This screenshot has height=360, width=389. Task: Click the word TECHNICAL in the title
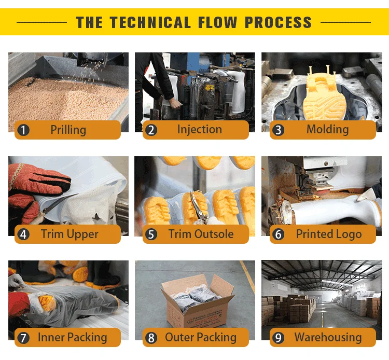coord(150,22)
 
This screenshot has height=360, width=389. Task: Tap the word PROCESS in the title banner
coord(278,22)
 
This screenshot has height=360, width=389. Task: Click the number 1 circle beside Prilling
coord(23,130)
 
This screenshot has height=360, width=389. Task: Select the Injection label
coord(200,130)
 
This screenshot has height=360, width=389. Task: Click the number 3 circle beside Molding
coord(279,130)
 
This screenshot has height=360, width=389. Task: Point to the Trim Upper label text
coord(70,234)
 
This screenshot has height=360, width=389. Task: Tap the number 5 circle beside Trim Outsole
coord(151,234)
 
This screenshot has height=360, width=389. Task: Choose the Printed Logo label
coord(329,234)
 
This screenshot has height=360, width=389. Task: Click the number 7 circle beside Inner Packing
coord(23,338)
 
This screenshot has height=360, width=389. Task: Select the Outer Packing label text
coord(201,337)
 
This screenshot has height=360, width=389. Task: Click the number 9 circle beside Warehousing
coord(279,338)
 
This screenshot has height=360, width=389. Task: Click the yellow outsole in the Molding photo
coord(324,95)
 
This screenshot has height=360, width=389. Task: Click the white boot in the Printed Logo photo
coord(335,208)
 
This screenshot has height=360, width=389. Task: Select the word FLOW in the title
coord(217,22)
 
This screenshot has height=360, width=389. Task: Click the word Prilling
coord(68,130)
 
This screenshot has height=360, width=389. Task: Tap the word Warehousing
coord(328,337)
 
